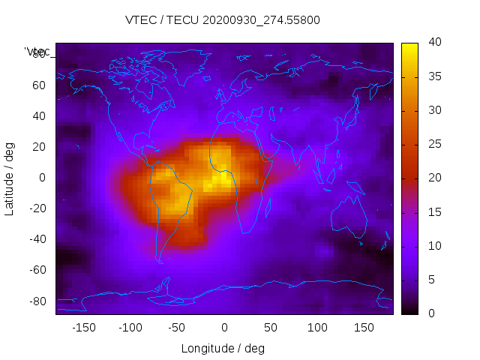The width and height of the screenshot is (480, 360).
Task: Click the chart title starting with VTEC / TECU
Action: tap(223, 20)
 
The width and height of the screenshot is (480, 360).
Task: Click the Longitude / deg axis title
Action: tap(223, 349)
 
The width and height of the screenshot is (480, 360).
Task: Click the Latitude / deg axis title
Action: tap(10, 178)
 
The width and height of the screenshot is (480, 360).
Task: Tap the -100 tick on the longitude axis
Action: tap(130, 328)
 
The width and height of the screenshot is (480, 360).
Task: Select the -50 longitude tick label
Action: tap(177, 328)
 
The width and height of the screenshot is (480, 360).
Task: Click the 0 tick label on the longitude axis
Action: tap(224, 328)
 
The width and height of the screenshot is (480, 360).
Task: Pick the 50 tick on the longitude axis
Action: tap(271, 328)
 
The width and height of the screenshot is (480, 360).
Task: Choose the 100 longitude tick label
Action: tap(317, 328)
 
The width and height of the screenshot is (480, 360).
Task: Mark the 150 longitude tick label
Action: tap(364, 328)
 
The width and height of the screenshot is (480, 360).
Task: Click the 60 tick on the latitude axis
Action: tap(38, 85)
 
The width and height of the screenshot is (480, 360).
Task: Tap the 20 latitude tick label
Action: tap(38, 146)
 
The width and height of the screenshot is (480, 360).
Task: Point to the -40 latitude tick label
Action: tap(36, 239)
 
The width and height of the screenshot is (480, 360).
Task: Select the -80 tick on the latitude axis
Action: tap(36, 301)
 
